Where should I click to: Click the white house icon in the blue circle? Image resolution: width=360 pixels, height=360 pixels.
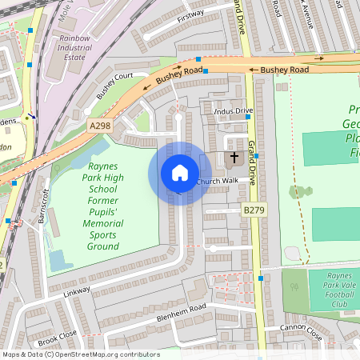coord(180,173)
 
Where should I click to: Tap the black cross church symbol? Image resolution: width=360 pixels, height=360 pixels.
coord(234,158)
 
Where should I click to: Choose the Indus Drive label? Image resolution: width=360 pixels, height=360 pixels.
coord(232,110)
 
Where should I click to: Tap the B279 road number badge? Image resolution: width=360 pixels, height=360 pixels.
coord(254,210)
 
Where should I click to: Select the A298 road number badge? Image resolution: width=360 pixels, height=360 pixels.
coord(100,126)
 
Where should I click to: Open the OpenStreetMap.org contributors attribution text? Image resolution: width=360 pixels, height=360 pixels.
coord(104,354)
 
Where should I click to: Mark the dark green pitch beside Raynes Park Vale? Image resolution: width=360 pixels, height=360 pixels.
coord(295,293)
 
